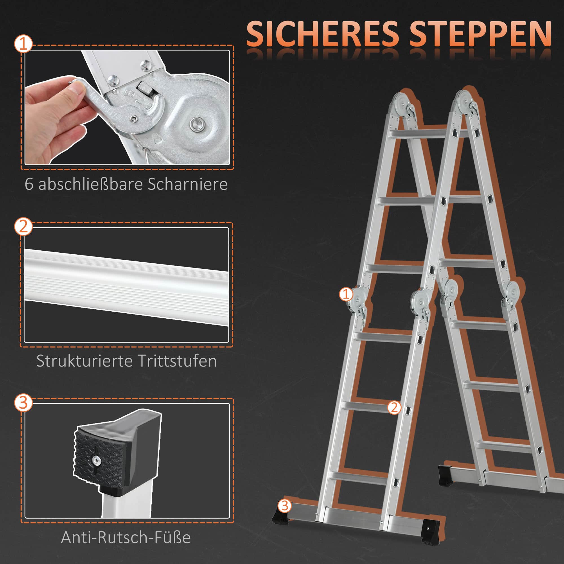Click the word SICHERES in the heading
[x=323, y=34]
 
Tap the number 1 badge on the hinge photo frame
[x=23, y=44]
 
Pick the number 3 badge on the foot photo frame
[x=23, y=403]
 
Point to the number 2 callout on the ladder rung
[x=394, y=407]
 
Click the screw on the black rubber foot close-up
[x=96, y=461]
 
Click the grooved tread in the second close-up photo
[x=126, y=288]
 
